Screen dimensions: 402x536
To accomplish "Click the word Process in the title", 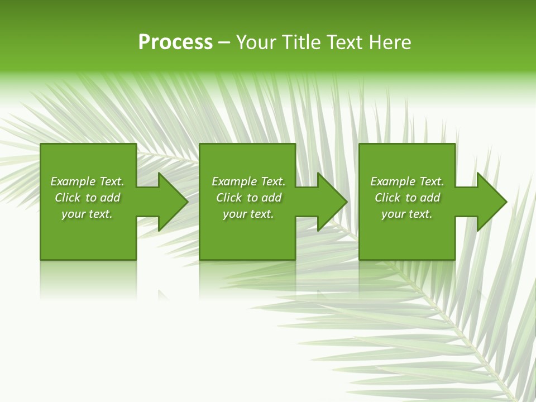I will (175, 42).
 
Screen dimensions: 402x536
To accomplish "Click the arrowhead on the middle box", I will (331, 202).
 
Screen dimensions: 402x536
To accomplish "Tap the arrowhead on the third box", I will (491, 202).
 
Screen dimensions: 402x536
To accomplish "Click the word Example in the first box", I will (73, 181).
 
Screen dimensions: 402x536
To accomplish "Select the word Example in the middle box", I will (234, 181).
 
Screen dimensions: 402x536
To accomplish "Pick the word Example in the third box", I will (393, 181).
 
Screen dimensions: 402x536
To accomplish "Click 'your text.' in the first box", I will (87, 214).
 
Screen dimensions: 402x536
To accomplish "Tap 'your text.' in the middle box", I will (248, 214).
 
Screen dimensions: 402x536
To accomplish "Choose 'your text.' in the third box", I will (406, 214).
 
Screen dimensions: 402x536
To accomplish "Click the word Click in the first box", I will (68, 198).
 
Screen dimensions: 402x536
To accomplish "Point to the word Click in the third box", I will (387, 198).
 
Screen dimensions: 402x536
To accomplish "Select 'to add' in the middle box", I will (264, 198).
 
